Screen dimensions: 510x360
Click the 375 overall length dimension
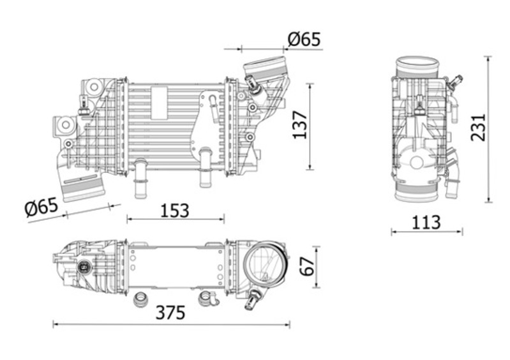[170, 313]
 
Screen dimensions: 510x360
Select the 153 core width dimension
[175, 211]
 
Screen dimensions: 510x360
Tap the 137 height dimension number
[300, 125]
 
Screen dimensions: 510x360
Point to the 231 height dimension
[478, 127]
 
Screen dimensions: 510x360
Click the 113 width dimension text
[426, 222]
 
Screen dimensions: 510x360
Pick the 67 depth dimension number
[308, 267]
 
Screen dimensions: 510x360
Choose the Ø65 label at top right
[304, 39]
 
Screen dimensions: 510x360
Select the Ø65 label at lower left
[41, 207]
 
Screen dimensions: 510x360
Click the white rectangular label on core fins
[160, 103]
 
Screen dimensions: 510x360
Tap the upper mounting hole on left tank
[94, 87]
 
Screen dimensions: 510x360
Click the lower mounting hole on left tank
[66, 124]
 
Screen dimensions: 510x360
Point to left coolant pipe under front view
[140, 178]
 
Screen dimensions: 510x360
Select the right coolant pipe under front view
[205, 167]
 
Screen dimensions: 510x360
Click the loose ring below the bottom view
[142, 299]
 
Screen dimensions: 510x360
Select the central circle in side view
[417, 162]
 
